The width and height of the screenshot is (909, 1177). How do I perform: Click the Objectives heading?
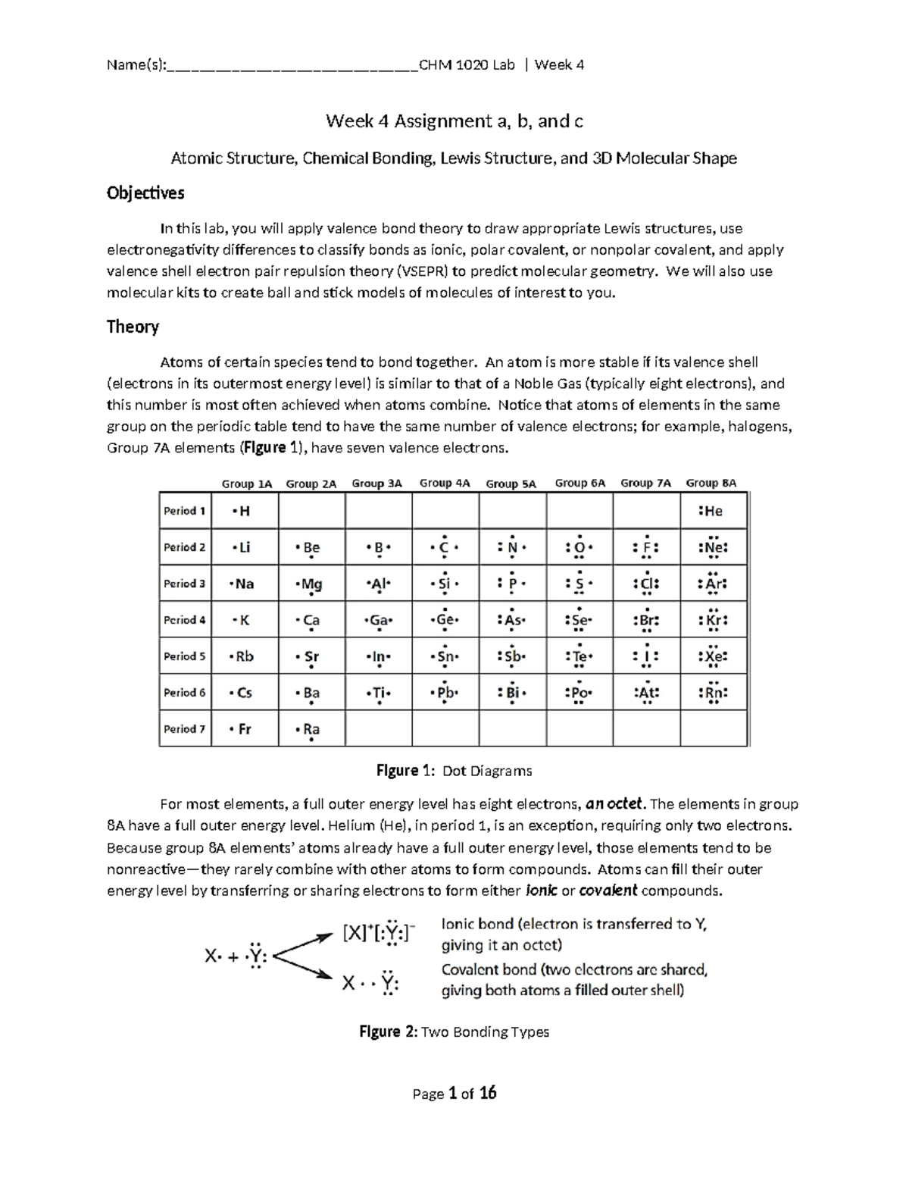pyautogui.click(x=145, y=193)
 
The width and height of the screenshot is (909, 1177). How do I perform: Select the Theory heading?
pyautogui.click(x=133, y=327)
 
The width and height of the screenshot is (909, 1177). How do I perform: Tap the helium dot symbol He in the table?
pyautogui.click(x=713, y=511)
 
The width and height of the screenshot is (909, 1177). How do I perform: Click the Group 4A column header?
pyautogui.click(x=445, y=483)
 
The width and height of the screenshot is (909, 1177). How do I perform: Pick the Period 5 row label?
pyautogui.click(x=184, y=656)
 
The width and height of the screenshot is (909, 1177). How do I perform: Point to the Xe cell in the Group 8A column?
pyautogui.click(x=713, y=656)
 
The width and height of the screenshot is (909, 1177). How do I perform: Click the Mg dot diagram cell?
pyautogui.click(x=311, y=584)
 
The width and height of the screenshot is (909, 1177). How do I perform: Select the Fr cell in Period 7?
pyautogui.click(x=243, y=729)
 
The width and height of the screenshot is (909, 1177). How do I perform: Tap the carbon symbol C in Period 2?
pyautogui.click(x=445, y=547)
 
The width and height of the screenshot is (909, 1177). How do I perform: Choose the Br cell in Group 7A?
pyautogui.click(x=646, y=620)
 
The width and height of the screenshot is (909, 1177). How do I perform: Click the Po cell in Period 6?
pyautogui.click(x=579, y=693)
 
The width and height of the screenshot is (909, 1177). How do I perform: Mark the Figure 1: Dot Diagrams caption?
pyautogui.click(x=454, y=771)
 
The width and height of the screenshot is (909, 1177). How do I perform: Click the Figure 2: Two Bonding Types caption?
pyautogui.click(x=454, y=1031)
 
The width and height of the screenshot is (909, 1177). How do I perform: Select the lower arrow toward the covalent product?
pyautogui.click(x=304, y=969)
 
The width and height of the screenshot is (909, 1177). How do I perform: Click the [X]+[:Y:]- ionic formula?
pyautogui.click(x=378, y=933)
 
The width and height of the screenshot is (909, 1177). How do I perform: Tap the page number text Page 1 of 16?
pyautogui.click(x=454, y=1093)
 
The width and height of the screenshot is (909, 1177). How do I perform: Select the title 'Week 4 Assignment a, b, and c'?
pyautogui.click(x=454, y=121)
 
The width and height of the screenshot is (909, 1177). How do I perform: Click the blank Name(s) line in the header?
pyautogui.click(x=292, y=65)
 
